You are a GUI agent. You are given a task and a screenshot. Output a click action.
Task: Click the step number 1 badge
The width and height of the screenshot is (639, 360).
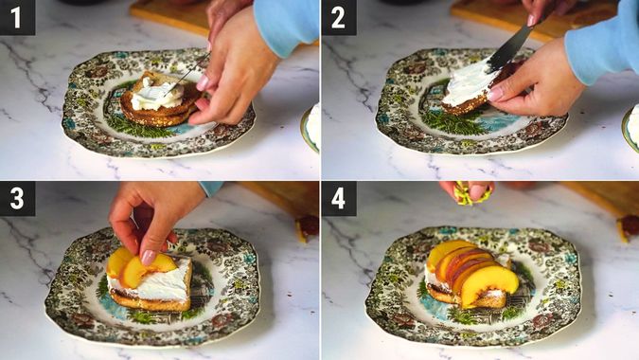tap(17, 17)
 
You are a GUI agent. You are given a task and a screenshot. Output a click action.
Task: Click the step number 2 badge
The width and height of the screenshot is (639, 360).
tap(339, 17)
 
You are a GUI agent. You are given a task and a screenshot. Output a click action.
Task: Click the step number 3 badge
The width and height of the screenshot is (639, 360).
tap(17, 198)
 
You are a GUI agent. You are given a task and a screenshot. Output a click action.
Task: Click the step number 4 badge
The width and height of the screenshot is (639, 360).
tap(339, 198)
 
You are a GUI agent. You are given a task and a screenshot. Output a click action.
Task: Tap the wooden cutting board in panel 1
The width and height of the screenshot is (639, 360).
tap(170, 11)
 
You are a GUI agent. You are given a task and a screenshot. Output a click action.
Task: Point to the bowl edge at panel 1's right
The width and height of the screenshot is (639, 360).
tap(311, 128)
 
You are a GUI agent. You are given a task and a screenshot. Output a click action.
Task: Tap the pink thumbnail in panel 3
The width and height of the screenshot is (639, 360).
tap(149, 257)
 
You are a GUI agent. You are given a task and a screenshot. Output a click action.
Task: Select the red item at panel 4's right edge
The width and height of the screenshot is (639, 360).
tap(630, 225)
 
